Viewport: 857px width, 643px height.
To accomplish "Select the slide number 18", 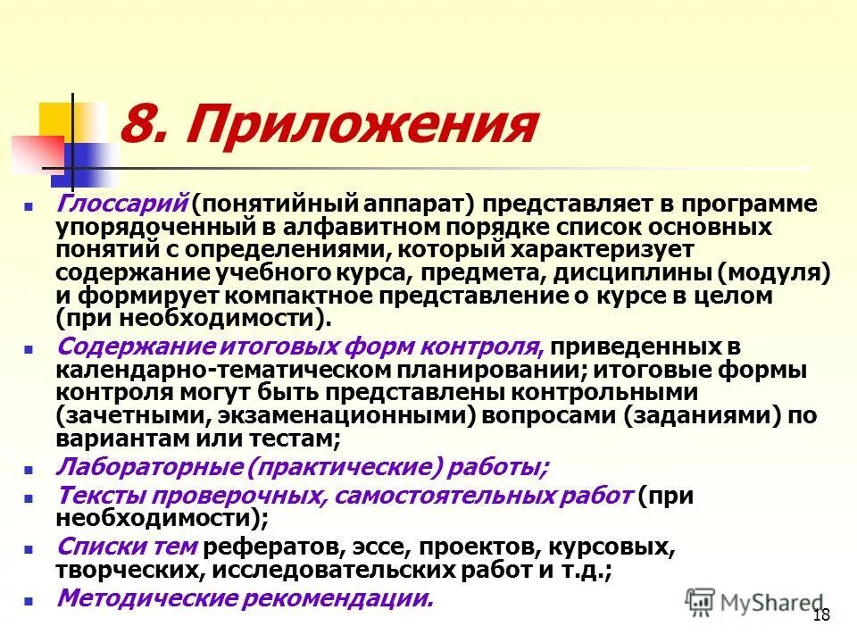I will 822,614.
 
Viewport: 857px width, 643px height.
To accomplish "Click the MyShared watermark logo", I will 754,602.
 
